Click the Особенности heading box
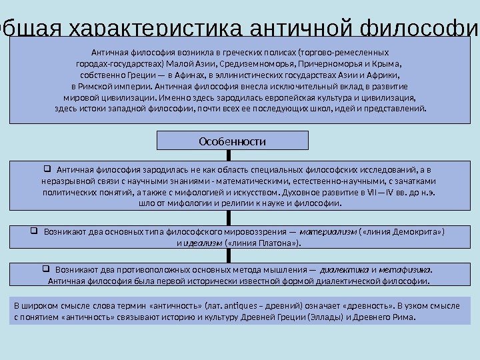coord(233,141)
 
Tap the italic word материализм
coord(329,232)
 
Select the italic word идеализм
coord(203,243)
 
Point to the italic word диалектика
coord(345,270)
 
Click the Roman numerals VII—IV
coord(381,191)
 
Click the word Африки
coord(391,75)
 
